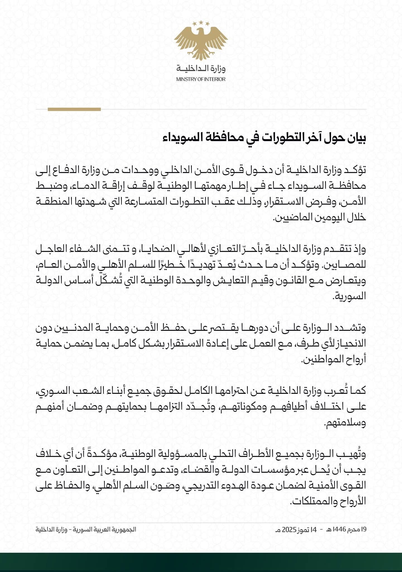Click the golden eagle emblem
click(201, 42)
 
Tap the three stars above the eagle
click(201, 23)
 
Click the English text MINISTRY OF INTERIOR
click(201, 79)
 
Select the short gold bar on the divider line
click(74, 109)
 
